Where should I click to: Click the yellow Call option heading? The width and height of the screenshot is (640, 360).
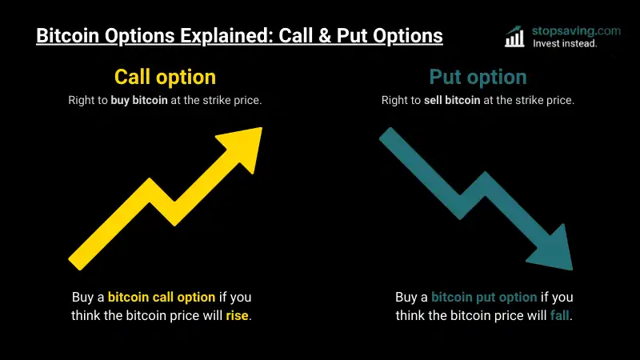pos(165,77)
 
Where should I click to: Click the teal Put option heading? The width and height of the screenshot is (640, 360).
pos(478,77)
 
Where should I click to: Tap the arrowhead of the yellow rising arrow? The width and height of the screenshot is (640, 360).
pos(244,146)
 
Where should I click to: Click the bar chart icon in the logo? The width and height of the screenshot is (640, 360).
pos(514,37)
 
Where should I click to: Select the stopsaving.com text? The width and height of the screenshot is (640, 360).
pos(576,31)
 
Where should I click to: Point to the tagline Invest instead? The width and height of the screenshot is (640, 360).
pos(565,44)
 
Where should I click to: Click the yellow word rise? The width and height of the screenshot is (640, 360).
pos(237,315)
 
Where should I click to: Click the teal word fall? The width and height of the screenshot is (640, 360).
pos(559,315)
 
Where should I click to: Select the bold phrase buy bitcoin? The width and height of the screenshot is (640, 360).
pos(139,101)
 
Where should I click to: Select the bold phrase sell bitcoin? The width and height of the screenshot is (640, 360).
pos(452,101)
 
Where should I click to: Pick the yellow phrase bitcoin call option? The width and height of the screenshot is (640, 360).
pos(162,297)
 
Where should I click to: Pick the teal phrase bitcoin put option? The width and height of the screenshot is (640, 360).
pos(484,297)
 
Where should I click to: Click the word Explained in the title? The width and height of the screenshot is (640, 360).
pos(227,36)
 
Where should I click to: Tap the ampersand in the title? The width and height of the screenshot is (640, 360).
pos(325,36)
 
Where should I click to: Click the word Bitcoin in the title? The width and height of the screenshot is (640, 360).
pos(68,36)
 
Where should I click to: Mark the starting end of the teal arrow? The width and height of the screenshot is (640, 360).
pos(386,134)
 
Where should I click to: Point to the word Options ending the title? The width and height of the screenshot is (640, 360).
pos(408,36)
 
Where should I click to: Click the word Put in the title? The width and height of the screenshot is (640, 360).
pos(352,36)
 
